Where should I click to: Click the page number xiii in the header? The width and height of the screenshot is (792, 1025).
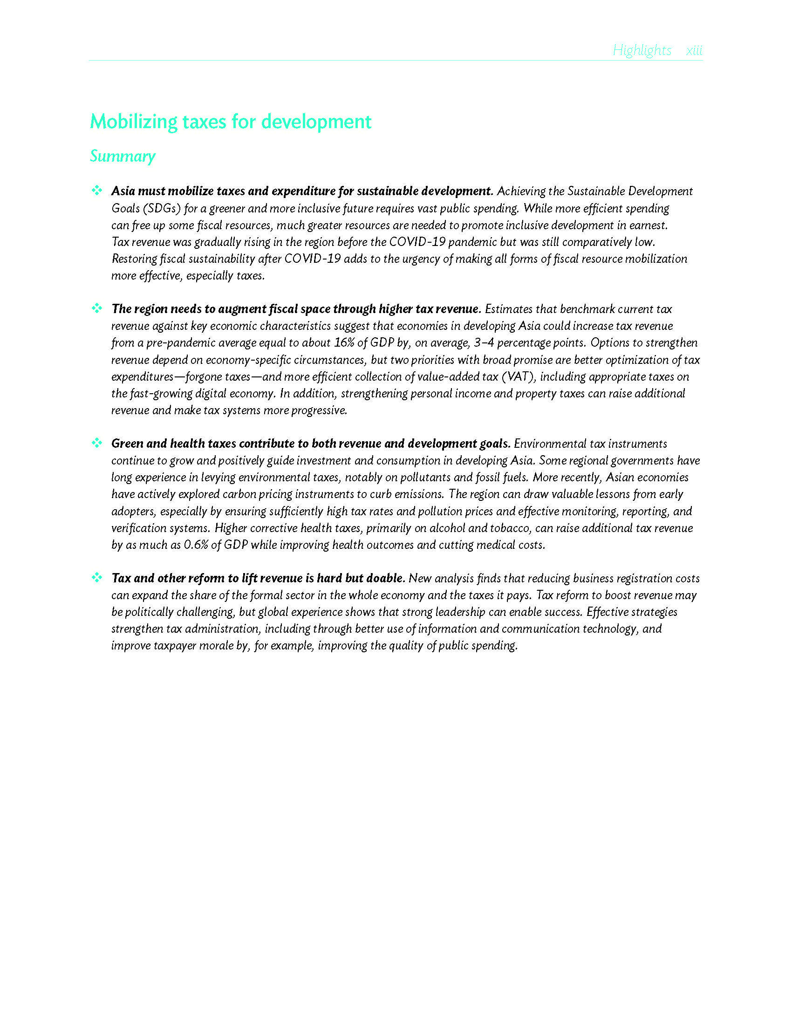point(694,50)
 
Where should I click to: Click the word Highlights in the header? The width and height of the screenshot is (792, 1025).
point(642,50)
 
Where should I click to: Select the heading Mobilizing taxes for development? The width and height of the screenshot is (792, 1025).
point(230,122)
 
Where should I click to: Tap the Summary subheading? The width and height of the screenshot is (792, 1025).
point(123,156)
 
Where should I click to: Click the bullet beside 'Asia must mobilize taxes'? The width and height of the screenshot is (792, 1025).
point(96,191)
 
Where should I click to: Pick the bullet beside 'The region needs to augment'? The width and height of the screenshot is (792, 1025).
point(96,308)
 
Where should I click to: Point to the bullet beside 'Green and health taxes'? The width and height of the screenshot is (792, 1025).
point(96,443)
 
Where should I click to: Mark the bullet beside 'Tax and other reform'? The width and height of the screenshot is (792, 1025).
point(96,578)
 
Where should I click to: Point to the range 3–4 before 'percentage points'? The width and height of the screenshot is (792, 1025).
point(483,342)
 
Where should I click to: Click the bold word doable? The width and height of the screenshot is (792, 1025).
point(385,578)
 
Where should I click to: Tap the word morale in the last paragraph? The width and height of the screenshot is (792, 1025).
point(216,646)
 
